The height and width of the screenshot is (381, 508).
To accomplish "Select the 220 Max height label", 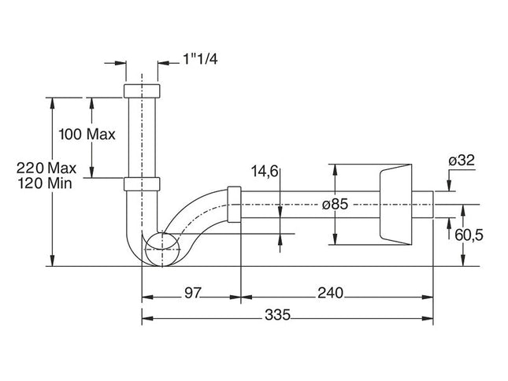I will (51, 167).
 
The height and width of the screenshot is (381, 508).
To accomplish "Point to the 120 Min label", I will (51, 183).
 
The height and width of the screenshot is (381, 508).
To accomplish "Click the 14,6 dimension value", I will (265, 171).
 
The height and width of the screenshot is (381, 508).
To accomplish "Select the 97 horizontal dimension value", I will (192, 293).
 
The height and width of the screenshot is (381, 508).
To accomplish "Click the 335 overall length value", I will (277, 315).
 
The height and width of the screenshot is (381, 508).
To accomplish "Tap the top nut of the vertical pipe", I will (143, 89).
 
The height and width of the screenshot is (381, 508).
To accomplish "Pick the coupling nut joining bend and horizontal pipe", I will (233, 204).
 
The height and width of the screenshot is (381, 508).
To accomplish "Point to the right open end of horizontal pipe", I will (432, 204).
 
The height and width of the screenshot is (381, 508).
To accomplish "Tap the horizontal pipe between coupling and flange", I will (307, 204).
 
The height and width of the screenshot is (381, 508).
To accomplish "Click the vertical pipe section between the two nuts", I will (143, 138).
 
